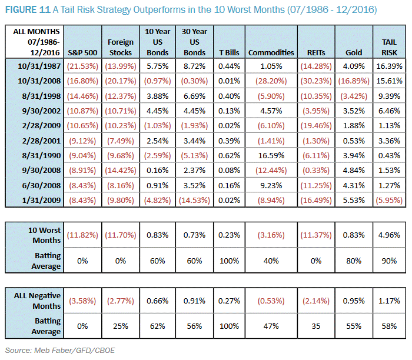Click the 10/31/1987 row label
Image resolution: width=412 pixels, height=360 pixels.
coord(36,68)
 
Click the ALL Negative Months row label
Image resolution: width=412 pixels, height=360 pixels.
coord(37,301)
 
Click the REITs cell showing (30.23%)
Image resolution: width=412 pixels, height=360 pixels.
coord(313,82)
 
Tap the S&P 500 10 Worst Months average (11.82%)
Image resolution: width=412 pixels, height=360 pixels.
coord(82,235)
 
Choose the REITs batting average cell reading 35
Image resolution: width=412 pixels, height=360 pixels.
coord(313,327)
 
